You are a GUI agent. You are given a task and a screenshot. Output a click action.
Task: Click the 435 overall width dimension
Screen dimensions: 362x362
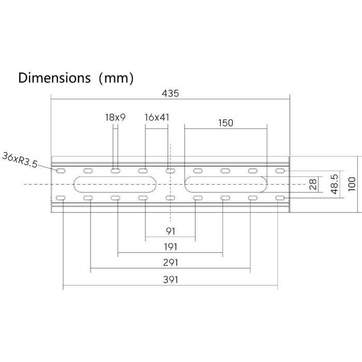click(170, 94)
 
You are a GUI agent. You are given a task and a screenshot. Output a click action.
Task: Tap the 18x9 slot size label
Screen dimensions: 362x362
click(115, 117)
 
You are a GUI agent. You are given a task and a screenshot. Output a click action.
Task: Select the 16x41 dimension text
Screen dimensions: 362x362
click(157, 117)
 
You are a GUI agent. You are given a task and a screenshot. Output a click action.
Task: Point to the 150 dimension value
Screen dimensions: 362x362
click(225, 123)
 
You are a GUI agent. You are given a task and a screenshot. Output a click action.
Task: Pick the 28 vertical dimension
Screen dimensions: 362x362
click(312, 185)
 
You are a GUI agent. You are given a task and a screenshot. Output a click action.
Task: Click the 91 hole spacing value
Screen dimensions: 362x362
click(170, 231)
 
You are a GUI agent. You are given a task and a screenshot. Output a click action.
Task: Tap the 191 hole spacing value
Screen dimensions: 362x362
click(170, 247)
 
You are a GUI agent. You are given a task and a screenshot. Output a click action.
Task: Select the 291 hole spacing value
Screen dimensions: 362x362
click(170, 263)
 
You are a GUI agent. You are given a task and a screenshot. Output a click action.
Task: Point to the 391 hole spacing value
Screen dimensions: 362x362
click(170, 279)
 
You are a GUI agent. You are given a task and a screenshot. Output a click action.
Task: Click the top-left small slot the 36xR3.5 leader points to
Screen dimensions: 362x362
click(61, 171)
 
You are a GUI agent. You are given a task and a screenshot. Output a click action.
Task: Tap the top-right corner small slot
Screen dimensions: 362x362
click(280, 171)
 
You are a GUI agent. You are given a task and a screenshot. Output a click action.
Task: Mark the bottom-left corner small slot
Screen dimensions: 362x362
click(61, 199)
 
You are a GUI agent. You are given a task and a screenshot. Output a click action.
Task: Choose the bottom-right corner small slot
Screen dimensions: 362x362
click(280, 199)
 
